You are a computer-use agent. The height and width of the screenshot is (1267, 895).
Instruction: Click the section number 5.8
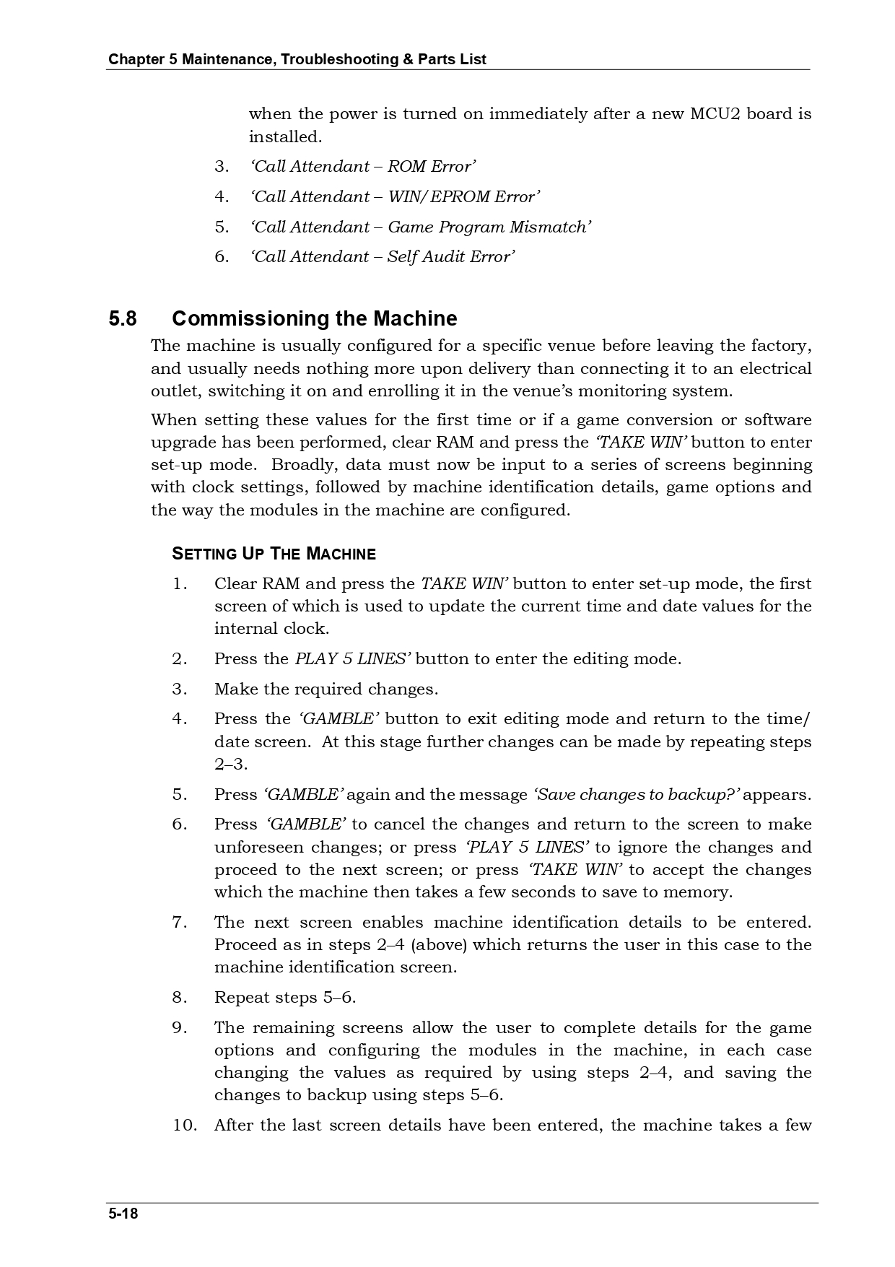coord(123,318)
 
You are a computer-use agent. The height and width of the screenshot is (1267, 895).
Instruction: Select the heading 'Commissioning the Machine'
coord(314,318)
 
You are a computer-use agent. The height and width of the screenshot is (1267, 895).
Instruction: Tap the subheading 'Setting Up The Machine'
coord(274,554)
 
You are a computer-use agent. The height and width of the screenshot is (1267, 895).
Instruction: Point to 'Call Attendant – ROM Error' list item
coord(362,167)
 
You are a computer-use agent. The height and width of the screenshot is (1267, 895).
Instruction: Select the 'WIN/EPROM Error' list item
coord(395,197)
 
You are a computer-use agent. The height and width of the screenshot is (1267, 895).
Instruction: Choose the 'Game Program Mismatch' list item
coord(421,227)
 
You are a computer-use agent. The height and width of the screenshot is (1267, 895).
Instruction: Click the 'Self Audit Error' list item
coord(383,257)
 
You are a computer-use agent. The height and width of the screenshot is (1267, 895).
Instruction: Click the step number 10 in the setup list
coord(184,1126)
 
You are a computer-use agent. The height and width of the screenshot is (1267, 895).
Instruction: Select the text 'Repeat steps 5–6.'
coord(285,998)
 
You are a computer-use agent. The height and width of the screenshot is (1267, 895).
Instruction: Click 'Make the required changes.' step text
coord(326,689)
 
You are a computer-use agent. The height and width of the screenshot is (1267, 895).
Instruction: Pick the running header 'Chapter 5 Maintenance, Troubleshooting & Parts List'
coord(297,59)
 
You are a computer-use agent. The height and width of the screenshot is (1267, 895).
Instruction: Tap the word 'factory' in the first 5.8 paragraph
coord(781,346)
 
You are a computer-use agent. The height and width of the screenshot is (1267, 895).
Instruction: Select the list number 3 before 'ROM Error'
coord(221,167)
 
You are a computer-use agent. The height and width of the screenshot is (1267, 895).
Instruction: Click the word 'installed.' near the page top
coord(285,137)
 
